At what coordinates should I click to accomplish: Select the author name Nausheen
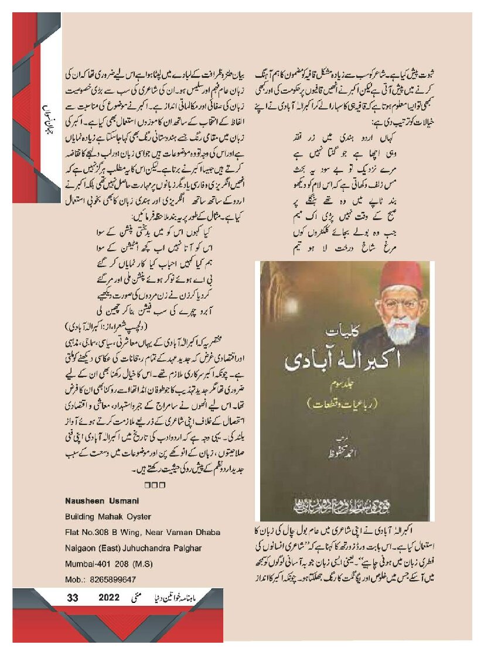[x=82, y=500]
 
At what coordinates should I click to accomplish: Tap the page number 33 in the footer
[x=73, y=598]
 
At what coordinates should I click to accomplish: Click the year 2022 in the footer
[x=109, y=598]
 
